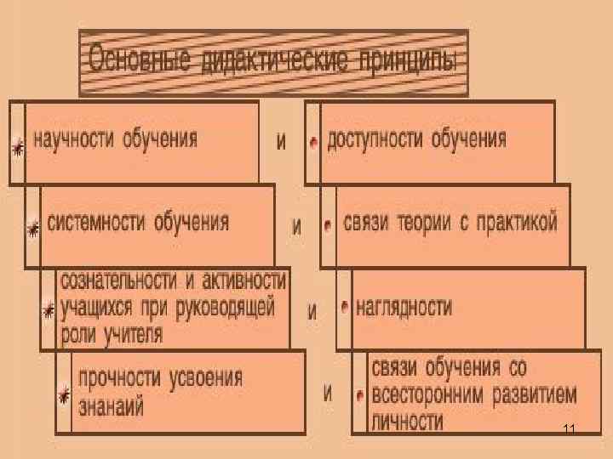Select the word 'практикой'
518,224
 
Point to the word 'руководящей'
227,306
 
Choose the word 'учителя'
132,333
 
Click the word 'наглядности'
404,307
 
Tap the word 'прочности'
117,377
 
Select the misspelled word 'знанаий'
110,405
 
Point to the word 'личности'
407,421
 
